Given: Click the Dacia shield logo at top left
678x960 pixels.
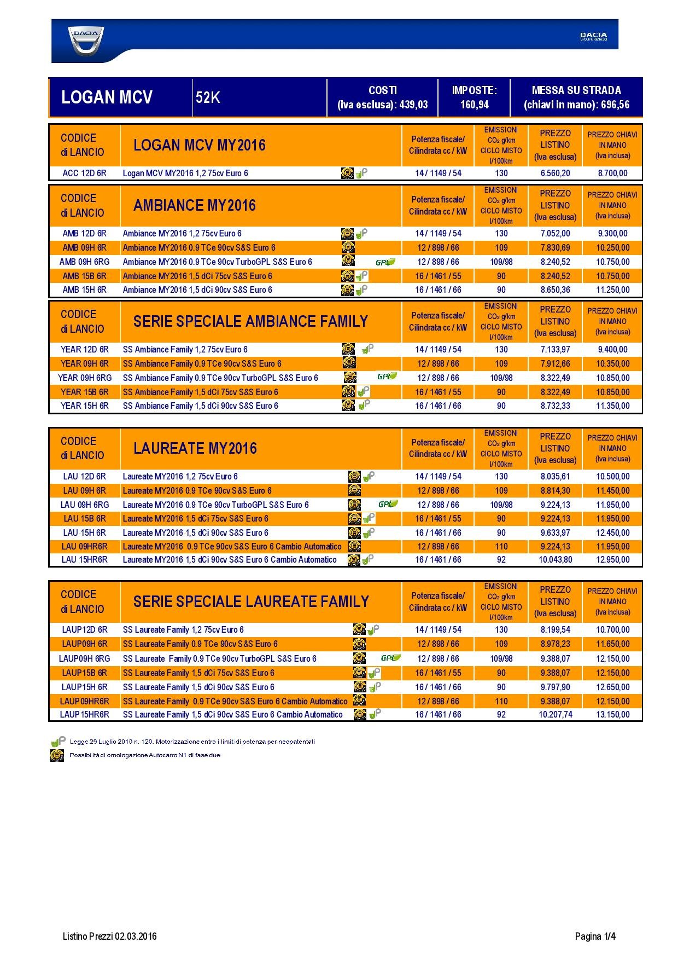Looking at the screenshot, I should (86, 41).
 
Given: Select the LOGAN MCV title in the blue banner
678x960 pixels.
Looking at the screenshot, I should (107, 97).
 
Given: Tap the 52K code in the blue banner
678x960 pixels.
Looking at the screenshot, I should (208, 97).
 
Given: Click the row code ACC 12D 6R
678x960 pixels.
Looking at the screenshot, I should (84, 174).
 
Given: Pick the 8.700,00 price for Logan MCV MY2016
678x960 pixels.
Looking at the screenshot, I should (612, 174).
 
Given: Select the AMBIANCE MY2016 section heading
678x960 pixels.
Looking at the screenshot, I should (194, 206).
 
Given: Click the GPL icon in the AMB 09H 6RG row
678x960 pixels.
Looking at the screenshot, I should (385, 262).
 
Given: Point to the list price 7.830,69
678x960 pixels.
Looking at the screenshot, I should (555, 248).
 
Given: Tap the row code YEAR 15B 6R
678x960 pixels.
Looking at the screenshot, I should (84, 392).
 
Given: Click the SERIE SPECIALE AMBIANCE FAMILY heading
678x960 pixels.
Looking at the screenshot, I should (250, 322).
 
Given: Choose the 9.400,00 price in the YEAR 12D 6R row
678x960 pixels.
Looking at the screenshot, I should (612, 349).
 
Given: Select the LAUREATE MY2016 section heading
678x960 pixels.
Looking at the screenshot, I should (195, 449).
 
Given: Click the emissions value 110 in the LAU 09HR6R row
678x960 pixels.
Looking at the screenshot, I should (501, 546).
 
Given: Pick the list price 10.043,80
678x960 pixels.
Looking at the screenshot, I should (555, 560).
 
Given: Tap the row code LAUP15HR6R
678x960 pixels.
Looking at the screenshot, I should (84, 715).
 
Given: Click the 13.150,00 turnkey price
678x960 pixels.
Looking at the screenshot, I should (612, 715).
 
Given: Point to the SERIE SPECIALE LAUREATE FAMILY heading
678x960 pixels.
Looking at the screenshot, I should (251, 602).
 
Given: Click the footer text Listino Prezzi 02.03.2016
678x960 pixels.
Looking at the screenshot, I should (109, 936).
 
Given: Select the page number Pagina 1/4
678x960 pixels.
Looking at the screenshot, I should (595, 936).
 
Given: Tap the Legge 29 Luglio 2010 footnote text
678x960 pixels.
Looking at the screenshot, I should (192, 742).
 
